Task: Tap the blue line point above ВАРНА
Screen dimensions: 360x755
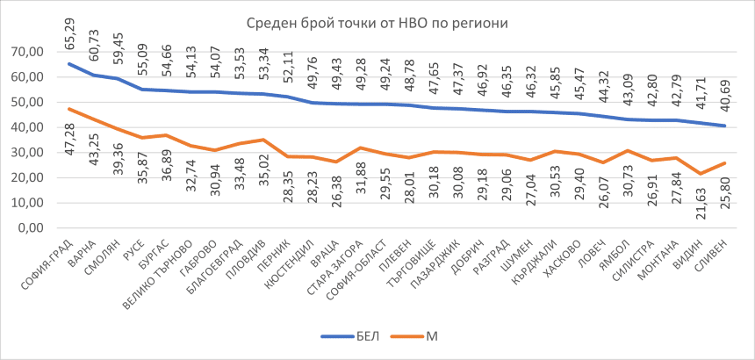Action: pyautogui.click(x=93, y=76)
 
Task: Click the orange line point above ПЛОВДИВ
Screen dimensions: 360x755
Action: pyautogui.click(x=263, y=140)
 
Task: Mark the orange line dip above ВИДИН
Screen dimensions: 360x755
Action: pyautogui.click(x=701, y=173)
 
